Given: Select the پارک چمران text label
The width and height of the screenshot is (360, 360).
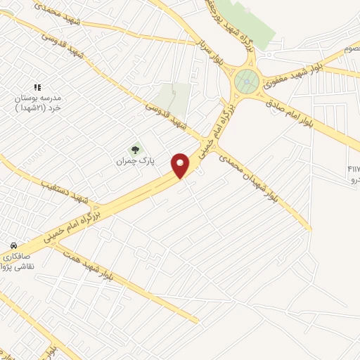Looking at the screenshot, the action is [x=135, y=161].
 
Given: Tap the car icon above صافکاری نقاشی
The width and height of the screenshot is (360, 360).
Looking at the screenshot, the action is [x=13, y=246].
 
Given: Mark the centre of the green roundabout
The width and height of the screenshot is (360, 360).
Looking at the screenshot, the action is [x=247, y=82].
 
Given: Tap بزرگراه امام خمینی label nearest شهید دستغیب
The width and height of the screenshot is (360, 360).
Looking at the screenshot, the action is [x=124, y=200].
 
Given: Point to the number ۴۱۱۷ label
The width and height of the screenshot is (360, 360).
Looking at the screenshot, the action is [x=352, y=169].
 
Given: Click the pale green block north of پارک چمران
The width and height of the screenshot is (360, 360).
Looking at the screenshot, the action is [x=175, y=99].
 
